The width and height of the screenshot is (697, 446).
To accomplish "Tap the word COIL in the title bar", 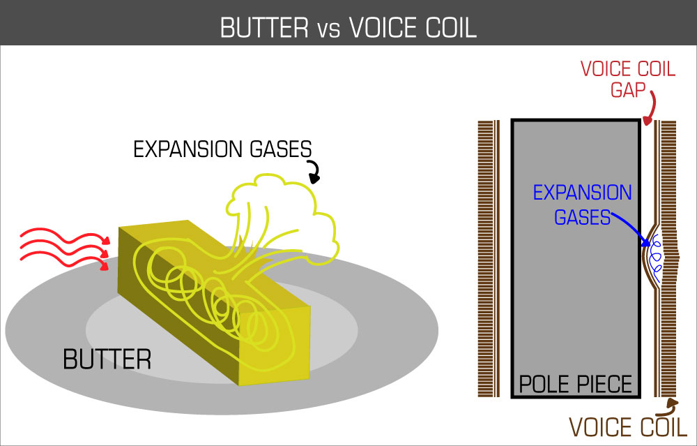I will click(x=447, y=27).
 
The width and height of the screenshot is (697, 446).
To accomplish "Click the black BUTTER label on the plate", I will click(x=107, y=359).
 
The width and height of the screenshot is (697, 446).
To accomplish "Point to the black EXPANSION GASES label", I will click(x=222, y=149).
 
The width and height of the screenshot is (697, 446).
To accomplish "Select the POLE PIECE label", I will click(x=575, y=384).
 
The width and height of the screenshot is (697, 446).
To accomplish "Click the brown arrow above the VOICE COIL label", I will click(x=671, y=404).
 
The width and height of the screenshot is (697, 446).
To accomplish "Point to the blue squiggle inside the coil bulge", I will click(x=655, y=256).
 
